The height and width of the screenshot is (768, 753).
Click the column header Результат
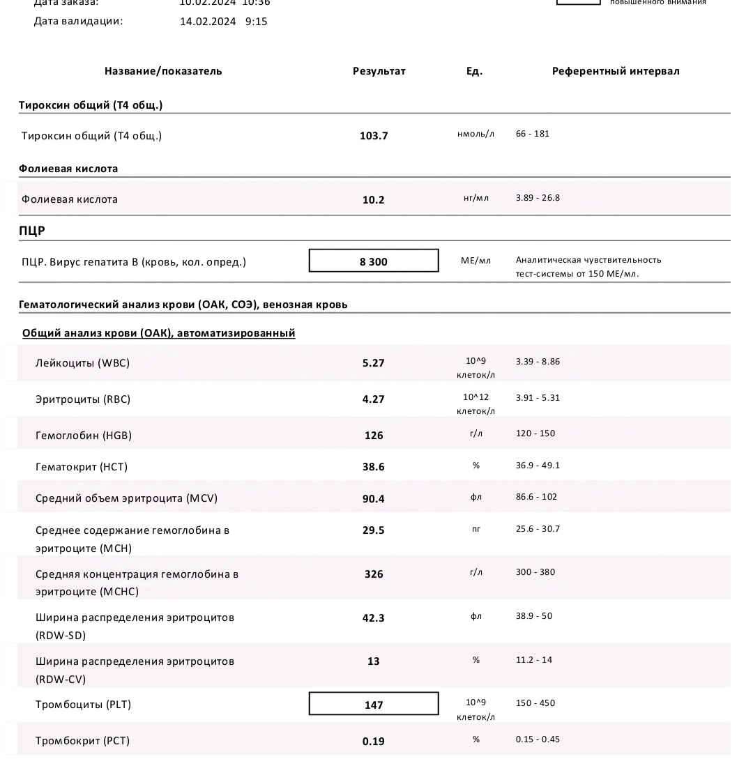pos(379,71)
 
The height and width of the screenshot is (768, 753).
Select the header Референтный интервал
pos(615,71)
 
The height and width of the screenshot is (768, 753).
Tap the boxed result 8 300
pos(374,261)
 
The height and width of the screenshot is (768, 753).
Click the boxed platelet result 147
pos(374,705)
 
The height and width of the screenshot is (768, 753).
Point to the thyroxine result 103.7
pos(374,136)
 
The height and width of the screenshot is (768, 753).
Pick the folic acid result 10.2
pos(374,200)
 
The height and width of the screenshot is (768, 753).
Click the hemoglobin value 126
pos(374,436)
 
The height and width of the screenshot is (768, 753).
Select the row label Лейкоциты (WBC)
pos(82,363)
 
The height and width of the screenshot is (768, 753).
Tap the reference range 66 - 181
pos(533,134)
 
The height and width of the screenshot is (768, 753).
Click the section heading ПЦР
pos(32,231)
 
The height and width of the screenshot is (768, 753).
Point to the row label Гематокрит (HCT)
pos(82,467)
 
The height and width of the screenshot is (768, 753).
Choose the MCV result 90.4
pos(374,499)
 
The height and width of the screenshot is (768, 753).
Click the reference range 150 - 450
pos(535,703)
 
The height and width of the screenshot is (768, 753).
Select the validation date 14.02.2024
pos(208,22)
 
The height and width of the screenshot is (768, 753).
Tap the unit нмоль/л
pos(476,134)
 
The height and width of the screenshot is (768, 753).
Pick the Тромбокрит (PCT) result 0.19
pos(374,742)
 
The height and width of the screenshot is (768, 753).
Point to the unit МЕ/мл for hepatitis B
pos(476,261)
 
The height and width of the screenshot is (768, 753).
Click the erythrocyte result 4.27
pos(374,399)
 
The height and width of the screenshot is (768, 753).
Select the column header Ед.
pos(474,71)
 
